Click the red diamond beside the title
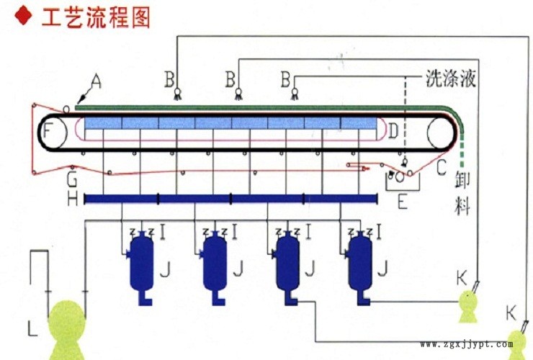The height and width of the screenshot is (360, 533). coord(24,16)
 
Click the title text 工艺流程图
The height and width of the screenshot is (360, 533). coord(97,17)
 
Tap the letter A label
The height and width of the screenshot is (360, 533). coord(97,82)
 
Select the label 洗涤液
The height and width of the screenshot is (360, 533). coord(451,78)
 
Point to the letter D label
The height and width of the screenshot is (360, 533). coord(393,131)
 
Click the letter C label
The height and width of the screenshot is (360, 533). coord(441,167)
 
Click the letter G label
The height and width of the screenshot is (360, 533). coord(72,180)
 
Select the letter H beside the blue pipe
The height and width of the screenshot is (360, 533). coord(73,199)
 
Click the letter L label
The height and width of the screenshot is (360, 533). coord(32,329)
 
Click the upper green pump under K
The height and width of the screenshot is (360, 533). coord(467,307)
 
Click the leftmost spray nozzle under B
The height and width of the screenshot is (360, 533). coord(177,94)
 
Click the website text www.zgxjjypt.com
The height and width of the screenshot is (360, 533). coord(467,344)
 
